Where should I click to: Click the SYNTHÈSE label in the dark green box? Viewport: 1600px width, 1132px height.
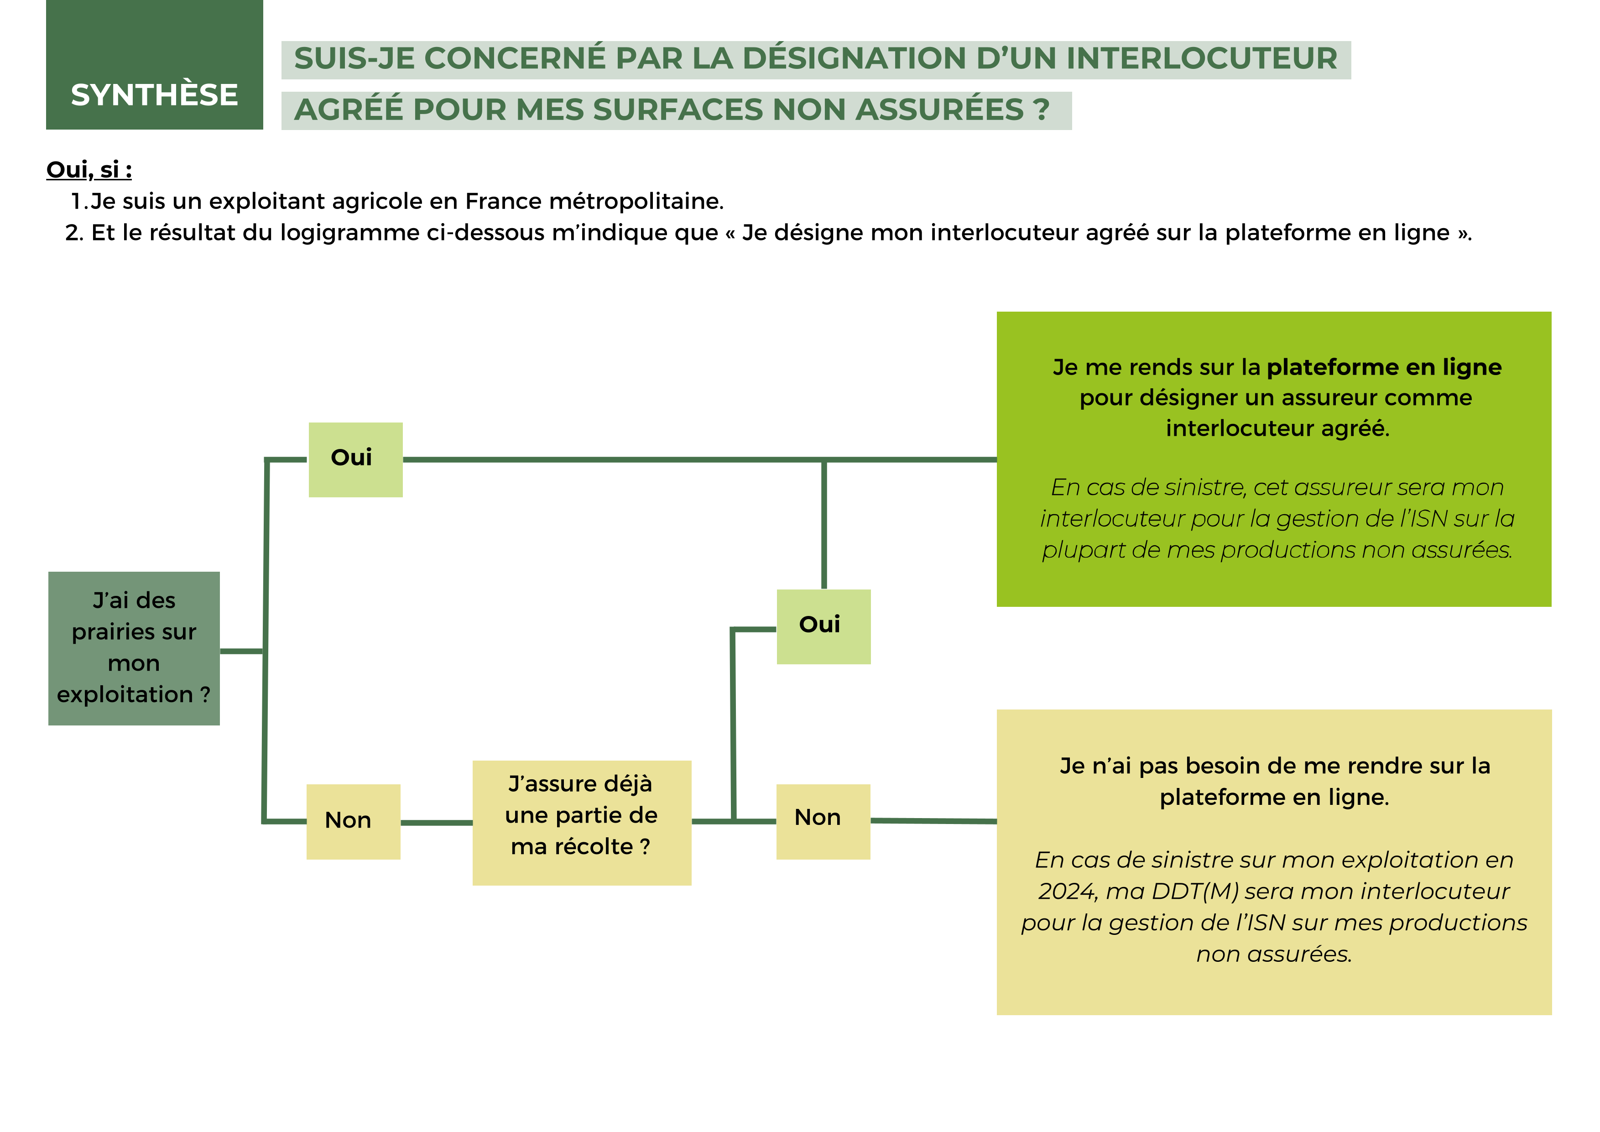pyautogui.click(x=154, y=95)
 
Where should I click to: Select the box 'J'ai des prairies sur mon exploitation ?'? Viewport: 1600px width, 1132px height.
pyautogui.click(x=134, y=648)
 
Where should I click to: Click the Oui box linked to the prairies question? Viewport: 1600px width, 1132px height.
pyautogui.click(x=355, y=459)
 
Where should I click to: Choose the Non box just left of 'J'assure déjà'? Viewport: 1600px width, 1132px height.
pyautogui.click(x=353, y=821)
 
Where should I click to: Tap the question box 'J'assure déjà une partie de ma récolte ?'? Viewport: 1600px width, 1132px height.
pyautogui.click(x=581, y=823)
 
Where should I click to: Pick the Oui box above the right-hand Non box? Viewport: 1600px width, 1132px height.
pyautogui.click(x=823, y=626)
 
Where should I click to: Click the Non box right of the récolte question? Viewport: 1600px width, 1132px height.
pyautogui.click(x=823, y=821)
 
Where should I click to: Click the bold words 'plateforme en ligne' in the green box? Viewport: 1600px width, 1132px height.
pyautogui.click(x=1383, y=367)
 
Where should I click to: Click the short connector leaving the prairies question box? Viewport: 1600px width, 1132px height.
pyautogui.click(x=241, y=651)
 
